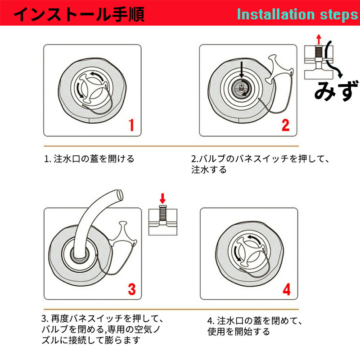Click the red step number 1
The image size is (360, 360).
point(131,125)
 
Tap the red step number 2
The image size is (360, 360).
point(285,125)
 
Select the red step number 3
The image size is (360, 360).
point(132,289)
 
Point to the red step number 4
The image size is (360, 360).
point(287,289)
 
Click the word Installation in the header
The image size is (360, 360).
point(276,14)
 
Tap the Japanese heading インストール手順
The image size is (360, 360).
point(79,14)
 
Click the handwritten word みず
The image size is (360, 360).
point(336,90)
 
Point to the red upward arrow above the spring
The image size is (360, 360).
point(319,39)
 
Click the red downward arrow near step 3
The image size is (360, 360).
point(162,198)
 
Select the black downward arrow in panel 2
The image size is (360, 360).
point(241,70)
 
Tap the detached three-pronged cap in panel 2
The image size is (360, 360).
point(278,69)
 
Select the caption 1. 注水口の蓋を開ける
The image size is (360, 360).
point(89,159)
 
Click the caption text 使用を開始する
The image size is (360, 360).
point(239,332)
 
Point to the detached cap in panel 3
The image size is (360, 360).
point(123,234)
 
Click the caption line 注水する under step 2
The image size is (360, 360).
point(209,170)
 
